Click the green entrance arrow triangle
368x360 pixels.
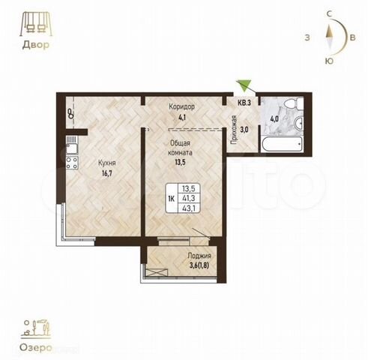coord(244,84)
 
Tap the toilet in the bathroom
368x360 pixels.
coord(294,103)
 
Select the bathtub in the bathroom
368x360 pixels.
coord(282,144)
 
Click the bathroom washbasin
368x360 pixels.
coord(299,123)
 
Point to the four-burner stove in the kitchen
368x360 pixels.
coord(72,163)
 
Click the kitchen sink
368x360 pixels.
coord(72,145)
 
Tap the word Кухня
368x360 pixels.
coord(107,163)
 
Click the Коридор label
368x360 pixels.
coord(181,106)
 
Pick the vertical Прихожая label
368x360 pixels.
coord(234,130)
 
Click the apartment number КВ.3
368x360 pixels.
coord(244,103)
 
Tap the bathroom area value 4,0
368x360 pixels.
coord(274,118)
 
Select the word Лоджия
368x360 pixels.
coord(199,256)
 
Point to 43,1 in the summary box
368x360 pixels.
coord(189,208)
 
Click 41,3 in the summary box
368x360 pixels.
coord(189,198)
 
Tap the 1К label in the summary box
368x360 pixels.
coord(172,199)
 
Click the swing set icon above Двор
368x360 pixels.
coord(36,24)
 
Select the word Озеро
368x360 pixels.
coord(35,348)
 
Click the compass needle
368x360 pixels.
coord(330,37)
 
